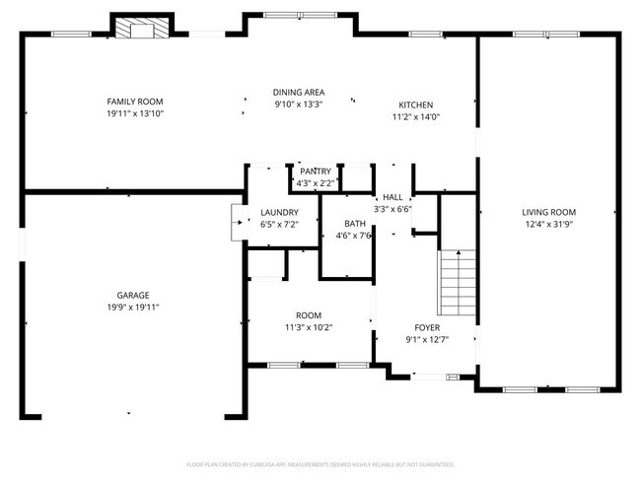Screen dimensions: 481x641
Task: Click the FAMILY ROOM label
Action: pos(135,102)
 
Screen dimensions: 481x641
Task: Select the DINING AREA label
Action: pos(299,93)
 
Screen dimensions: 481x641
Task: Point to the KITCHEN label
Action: pos(415,105)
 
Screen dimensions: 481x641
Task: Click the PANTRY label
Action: pos(317,172)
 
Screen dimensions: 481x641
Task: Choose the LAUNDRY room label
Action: pos(279,212)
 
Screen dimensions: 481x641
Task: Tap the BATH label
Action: pos(353,224)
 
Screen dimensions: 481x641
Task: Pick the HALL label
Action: pos(392,197)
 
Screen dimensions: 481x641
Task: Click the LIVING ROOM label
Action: pos(549,212)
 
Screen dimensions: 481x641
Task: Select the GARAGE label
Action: pos(133,295)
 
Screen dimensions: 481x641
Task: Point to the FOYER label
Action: pos(427,328)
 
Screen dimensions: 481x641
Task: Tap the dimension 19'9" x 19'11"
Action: pos(133,308)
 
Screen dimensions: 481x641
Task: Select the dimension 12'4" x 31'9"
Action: pos(549,225)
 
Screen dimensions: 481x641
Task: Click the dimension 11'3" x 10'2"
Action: pos(309,327)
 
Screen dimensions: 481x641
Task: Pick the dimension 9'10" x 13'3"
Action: pos(299,105)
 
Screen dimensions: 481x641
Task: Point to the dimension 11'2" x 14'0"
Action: pos(415,117)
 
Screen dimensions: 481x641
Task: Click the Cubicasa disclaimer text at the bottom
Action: pos(320,463)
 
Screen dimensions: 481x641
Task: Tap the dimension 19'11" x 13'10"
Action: pos(135,114)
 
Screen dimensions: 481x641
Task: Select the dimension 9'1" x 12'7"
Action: pos(427,341)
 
